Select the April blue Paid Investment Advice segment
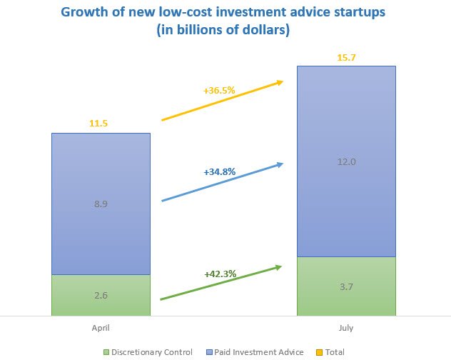[101, 179]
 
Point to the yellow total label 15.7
[346, 56]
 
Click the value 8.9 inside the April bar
[101, 204]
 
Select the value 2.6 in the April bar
[101, 295]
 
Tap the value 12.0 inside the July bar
[346, 162]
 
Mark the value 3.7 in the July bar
[346, 286]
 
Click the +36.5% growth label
[220, 91]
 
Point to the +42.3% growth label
[219, 273]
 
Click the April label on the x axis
[101, 328]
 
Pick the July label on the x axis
[346, 328]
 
